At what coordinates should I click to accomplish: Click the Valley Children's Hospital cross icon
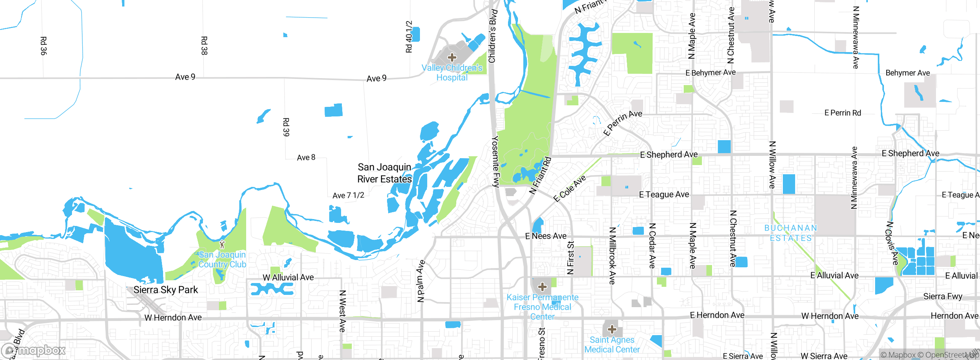tap(452, 58)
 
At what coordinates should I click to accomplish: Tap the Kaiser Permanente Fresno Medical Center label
tap(542, 307)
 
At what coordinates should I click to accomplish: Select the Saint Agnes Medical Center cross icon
tap(612, 329)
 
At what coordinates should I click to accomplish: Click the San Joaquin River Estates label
tap(384, 173)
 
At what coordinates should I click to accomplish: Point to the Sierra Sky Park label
tap(166, 290)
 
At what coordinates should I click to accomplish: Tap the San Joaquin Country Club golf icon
tap(222, 244)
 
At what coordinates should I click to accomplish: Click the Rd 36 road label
tap(44, 46)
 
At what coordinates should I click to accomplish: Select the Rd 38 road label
tap(204, 46)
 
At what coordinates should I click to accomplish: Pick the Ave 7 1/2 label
tap(348, 195)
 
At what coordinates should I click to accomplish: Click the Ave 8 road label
tap(306, 157)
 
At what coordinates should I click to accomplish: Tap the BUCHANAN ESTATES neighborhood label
tap(791, 233)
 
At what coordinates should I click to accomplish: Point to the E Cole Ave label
tap(570, 188)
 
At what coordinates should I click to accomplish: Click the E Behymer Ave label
tap(710, 72)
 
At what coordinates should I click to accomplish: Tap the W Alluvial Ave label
tap(288, 277)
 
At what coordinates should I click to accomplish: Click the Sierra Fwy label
tap(942, 296)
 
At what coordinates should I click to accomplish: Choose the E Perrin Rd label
tap(843, 113)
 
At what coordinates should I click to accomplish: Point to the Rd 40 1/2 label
tap(409, 37)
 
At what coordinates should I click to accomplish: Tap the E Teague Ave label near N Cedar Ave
tap(664, 195)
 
